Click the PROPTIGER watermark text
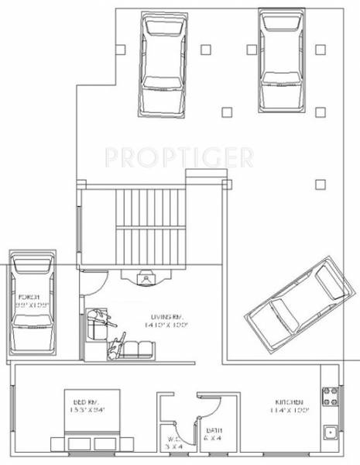click(x=179, y=158)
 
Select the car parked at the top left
click(x=163, y=65)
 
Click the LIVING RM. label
click(x=168, y=316)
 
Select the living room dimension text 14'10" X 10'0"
click(x=168, y=325)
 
